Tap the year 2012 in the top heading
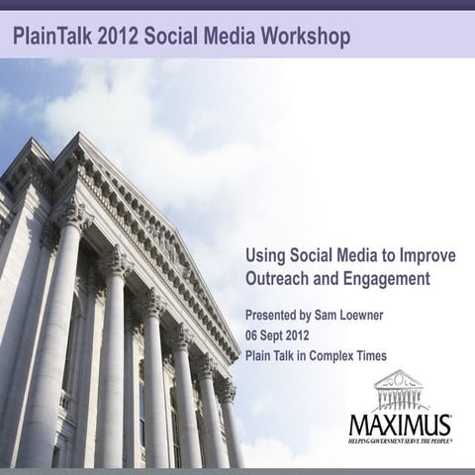point(120,38)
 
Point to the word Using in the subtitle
point(265,256)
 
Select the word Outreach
point(280,280)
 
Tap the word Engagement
point(386,280)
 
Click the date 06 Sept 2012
point(282,335)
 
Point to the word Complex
point(333,355)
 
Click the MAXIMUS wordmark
point(400,425)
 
